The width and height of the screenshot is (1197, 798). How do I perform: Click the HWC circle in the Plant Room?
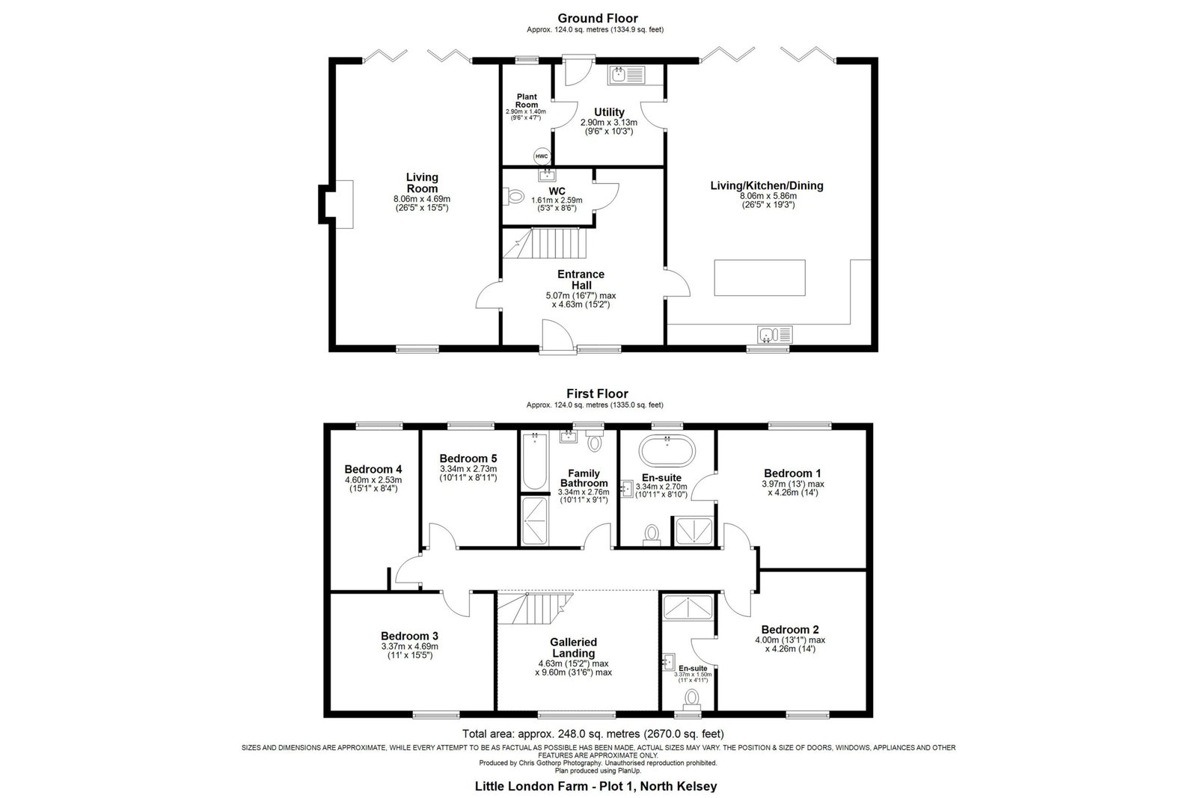(x=542, y=156)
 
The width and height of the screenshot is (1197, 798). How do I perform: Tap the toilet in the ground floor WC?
(x=513, y=197)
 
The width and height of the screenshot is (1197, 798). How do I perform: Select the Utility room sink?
(x=626, y=76)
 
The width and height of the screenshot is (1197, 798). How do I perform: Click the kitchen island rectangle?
(x=759, y=277)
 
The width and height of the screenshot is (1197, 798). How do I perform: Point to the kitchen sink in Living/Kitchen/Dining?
(x=774, y=335)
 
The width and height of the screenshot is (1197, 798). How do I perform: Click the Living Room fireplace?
(x=337, y=205)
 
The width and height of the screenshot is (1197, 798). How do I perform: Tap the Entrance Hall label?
(x=581, y=280)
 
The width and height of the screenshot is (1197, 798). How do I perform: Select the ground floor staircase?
(x=545, y=244)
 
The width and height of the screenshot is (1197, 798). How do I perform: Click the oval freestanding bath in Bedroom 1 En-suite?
(x=667, y=451)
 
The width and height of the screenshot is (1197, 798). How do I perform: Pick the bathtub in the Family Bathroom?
(x=535, y=461)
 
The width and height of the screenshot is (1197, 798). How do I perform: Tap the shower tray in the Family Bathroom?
(x=534, y=521)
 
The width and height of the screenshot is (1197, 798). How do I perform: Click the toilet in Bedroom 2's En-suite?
(x=692, y=699)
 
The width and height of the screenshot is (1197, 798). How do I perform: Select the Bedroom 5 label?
(x=468, y=458)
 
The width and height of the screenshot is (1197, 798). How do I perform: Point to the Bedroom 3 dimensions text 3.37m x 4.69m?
(x=409, y=646)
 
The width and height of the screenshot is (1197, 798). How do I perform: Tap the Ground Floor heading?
(x=598, y=18)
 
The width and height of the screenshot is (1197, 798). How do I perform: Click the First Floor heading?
(x=597, y=393)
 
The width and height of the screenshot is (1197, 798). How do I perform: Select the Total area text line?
(x=593, y=734)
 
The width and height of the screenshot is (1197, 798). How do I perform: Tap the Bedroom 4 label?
(x=373, y=469)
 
